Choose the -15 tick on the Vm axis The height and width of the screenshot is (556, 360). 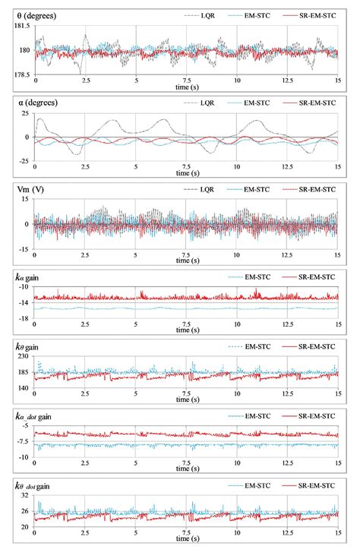(x=24, y=248)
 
